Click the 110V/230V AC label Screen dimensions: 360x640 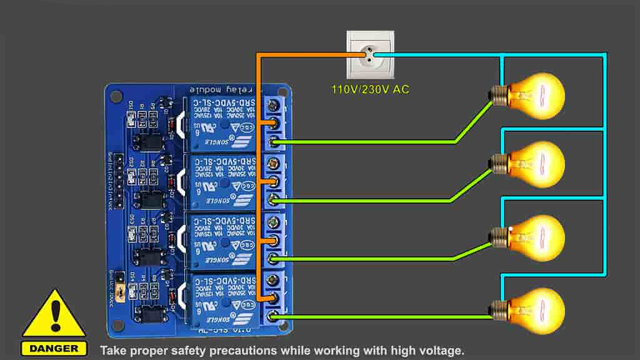pos(370,89)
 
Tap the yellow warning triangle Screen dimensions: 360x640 pos(54,316)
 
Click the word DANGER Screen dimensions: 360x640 pos(54,348)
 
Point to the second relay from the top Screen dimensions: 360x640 pos(222,182)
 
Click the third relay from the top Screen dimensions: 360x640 pos(222,240)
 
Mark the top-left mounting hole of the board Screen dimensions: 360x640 pos(116,96)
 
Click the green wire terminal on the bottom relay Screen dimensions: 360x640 pos(273,316)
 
